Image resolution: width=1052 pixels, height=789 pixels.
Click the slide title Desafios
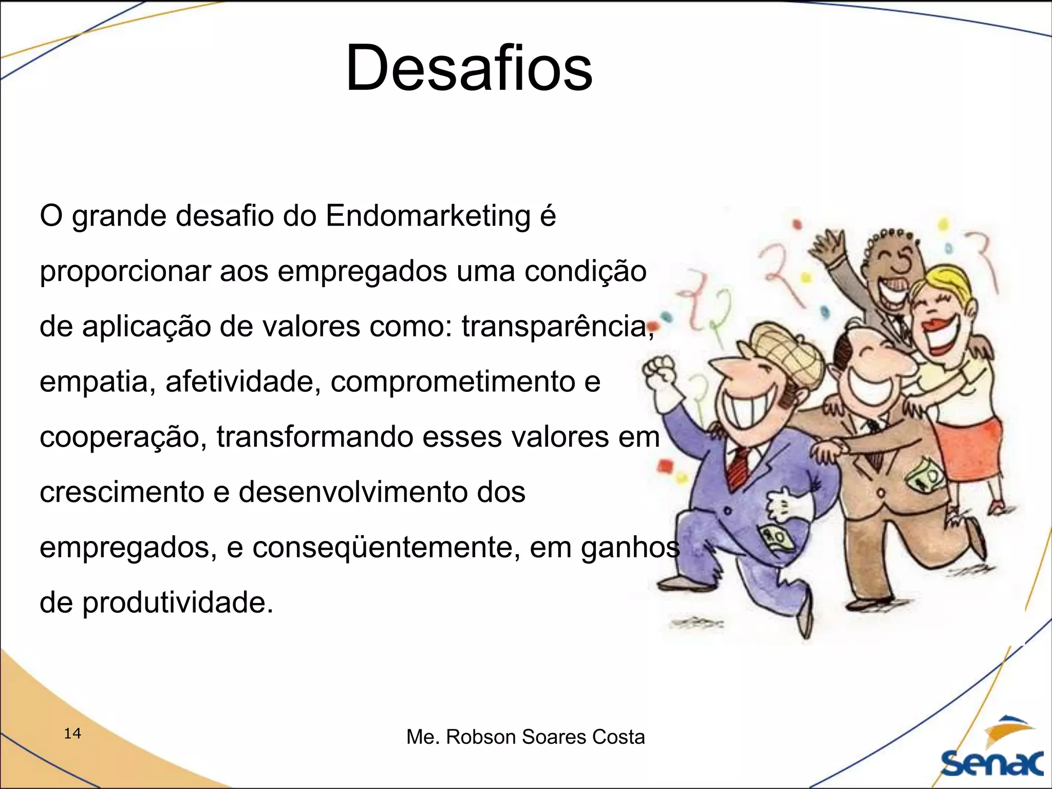(x=469, y=68)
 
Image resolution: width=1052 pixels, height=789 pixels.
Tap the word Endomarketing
(x=427, y=216)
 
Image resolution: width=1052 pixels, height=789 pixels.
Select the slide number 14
(x=72, y=733)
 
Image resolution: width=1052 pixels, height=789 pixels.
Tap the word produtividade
(x=177, y=603)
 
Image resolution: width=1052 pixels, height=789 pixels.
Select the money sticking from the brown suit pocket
(x=925, y=475)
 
